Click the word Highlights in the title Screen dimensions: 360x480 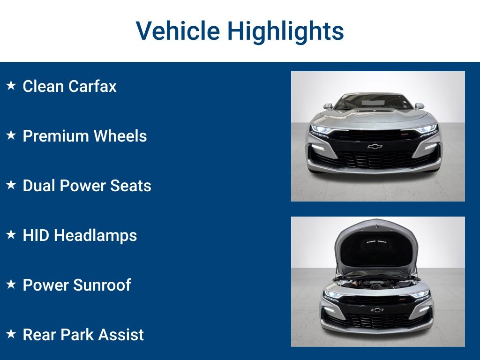[x=285, y=31]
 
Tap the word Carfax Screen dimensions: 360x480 [x=92, y=86]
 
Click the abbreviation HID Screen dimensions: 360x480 [x=36, y=235]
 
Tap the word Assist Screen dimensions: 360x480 [x=122, y=334]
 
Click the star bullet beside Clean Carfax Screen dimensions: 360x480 [x=11, y=86]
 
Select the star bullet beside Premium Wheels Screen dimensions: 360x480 [x=11, y=135]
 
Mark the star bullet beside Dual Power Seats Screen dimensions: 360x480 [x=11, y=185]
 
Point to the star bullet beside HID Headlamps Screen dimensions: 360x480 [x=11, y=234]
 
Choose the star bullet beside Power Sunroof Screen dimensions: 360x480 [x=11, y=284]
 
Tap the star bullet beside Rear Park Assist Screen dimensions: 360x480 [x=11, y=334]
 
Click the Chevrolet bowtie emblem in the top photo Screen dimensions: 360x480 [x=375, y=146]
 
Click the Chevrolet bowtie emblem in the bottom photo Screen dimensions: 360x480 [x=377, y=310]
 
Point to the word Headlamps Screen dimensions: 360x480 [x=95, y=235]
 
